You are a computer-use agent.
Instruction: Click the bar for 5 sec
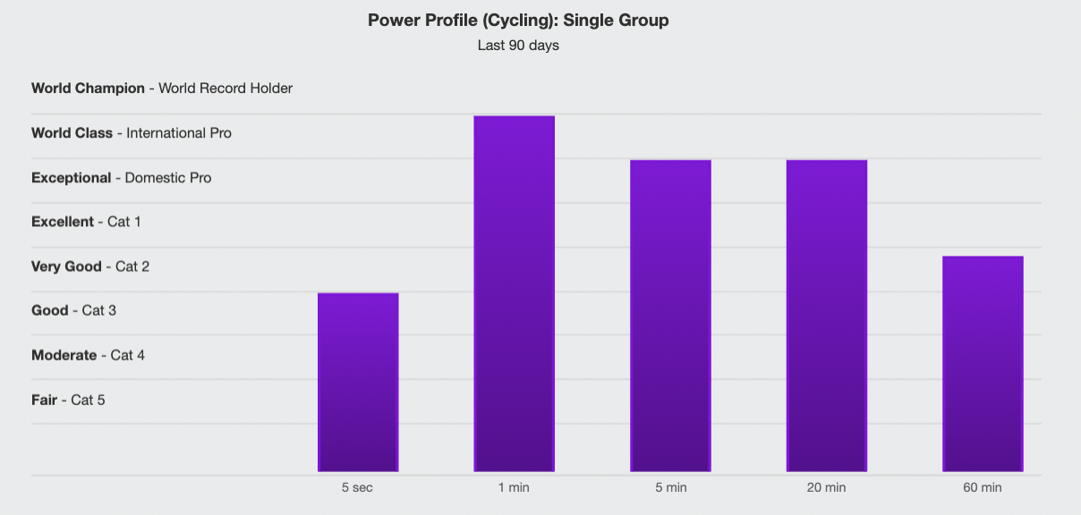pos(358,382)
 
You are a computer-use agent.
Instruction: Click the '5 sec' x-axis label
pos(358,487)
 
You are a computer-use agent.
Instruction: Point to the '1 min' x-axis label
pos(515,487)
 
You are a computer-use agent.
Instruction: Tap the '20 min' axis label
pos(826,487)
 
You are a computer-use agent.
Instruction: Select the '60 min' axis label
pos(983,487)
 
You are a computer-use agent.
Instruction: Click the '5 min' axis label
pos(670,487)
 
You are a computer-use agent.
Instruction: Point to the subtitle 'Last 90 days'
pos(518,45)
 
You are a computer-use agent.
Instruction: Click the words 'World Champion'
pos(88,88)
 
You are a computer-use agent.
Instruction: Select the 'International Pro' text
pos(179,132)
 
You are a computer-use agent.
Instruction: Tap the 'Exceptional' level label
pos(71,177)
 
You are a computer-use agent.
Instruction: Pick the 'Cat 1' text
pos(123,221)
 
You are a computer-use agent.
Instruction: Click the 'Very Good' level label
pos(65,266)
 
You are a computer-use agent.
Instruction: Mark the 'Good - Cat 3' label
pos(73,310)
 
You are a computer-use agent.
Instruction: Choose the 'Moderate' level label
pos(64,355)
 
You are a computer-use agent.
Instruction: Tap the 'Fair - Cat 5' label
pos(68,400)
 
